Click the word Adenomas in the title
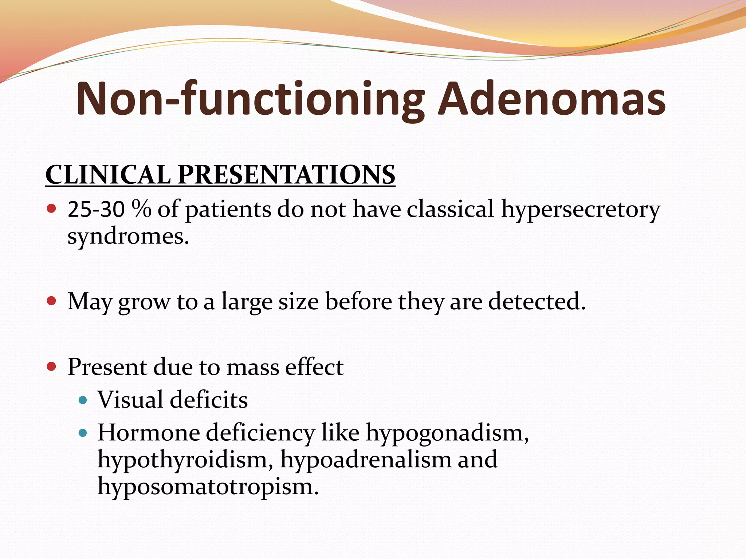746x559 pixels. [x=551, y=99]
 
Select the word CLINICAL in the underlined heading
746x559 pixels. [x=108, y=175]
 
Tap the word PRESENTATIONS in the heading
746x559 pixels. [x=286, y=175]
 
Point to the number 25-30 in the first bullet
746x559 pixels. [x=96, y=210]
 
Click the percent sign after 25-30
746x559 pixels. [x=141, y=210]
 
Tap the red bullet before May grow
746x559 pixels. [x=52, y=301]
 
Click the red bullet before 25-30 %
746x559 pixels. [x=52, y=209]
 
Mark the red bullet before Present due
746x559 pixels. [x=52, y=366]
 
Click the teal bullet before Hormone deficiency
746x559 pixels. [x=83, y=433]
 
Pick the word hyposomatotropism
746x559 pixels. [x=208, y=487]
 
